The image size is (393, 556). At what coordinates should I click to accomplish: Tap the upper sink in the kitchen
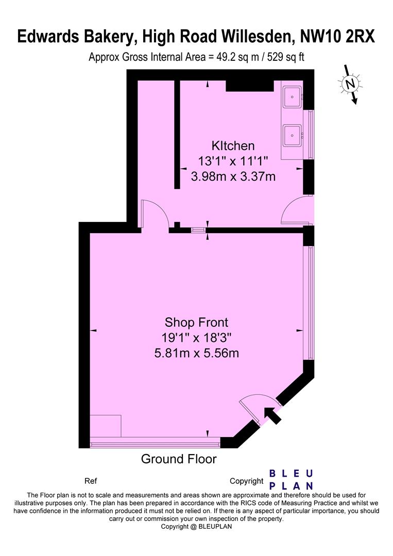[293, 96]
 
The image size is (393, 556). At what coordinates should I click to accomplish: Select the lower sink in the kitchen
[293, 136]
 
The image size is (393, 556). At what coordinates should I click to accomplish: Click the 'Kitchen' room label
[233, 145]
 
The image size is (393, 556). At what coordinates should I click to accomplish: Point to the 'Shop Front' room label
[196, 322]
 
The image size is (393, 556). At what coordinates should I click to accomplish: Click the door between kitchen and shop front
[155, 214]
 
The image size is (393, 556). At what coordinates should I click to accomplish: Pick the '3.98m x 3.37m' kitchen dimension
[233, 177]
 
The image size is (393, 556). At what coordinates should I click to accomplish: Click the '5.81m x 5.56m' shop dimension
[197, 353]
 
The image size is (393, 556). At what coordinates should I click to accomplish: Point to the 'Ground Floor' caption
[179, 459]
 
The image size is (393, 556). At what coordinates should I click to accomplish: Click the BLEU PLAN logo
[292, 479]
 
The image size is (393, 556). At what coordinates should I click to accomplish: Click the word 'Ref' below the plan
[90, 481]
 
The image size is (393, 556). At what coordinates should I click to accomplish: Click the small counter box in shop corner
[105, 426]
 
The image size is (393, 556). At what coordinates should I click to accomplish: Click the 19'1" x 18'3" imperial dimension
[196, 338]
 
